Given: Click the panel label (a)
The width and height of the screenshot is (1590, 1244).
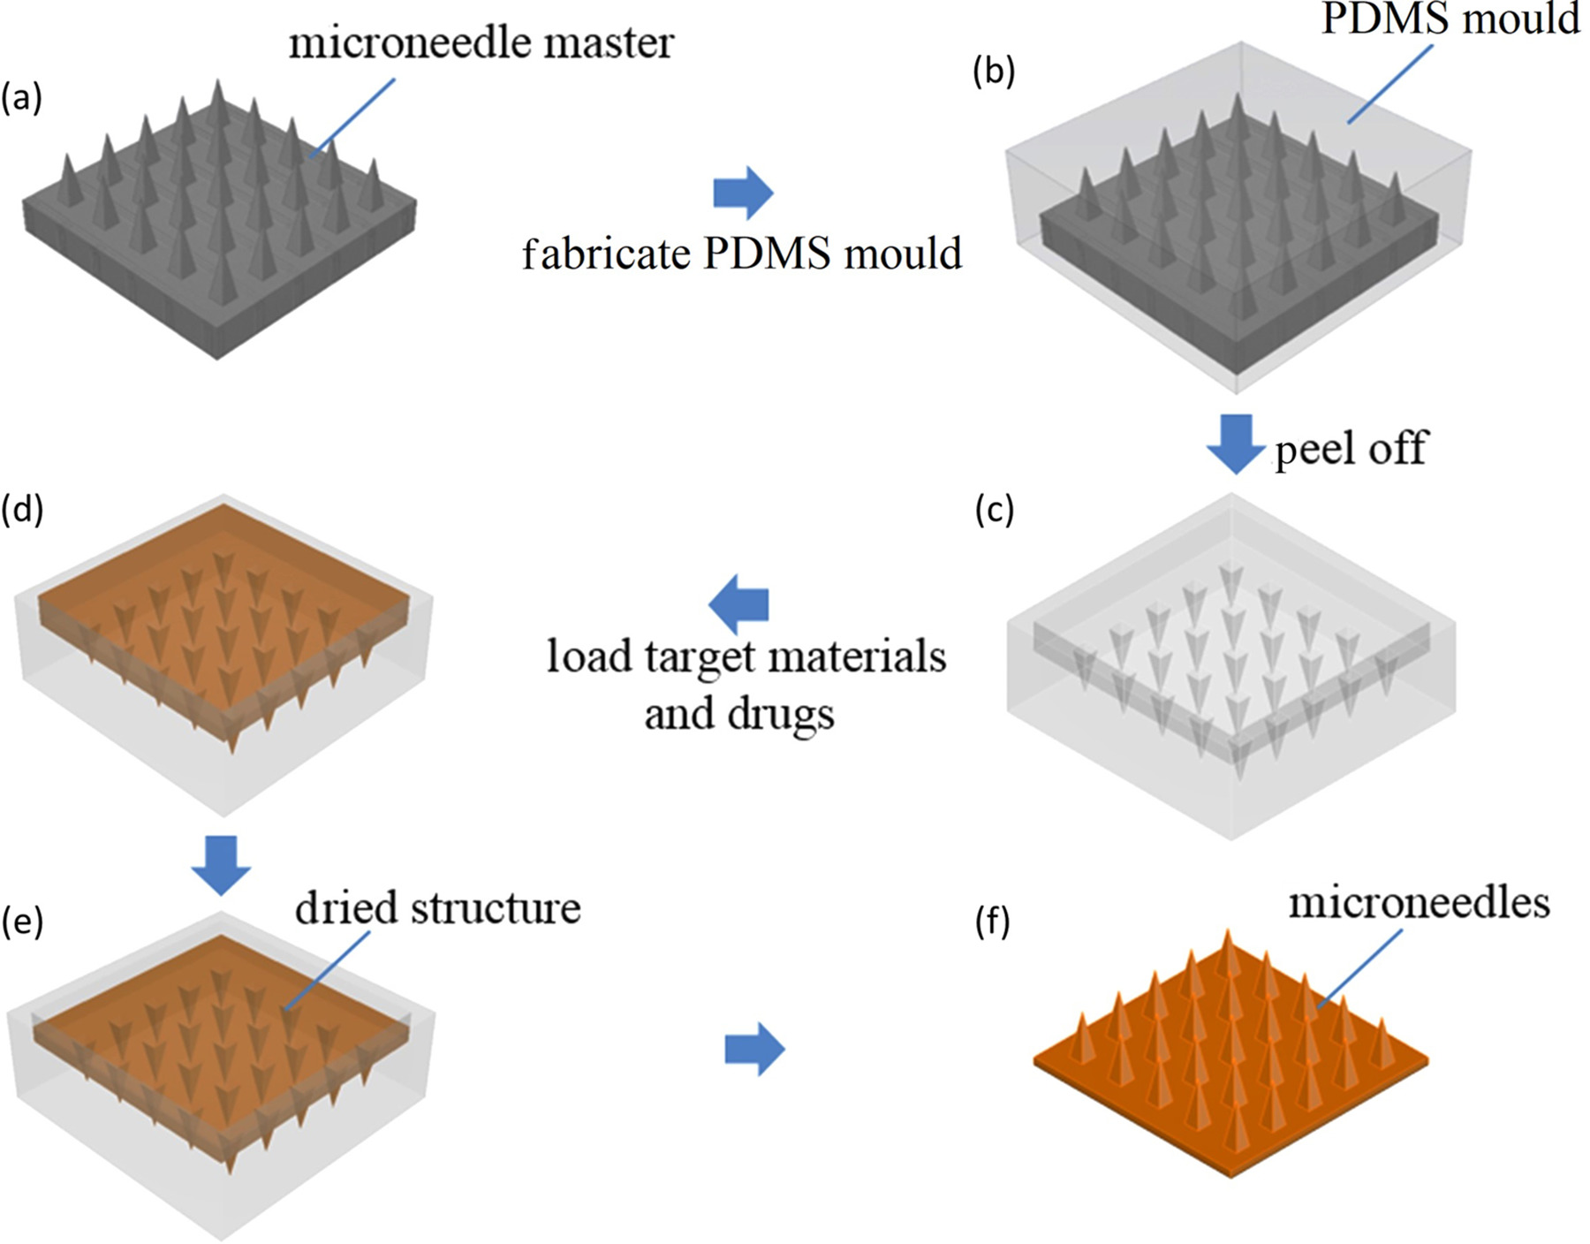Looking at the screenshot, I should [x=21, y=99].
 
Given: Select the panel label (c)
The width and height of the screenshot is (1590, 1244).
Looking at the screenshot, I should [x=995, y=511].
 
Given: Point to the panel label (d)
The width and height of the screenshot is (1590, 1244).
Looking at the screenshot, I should [x=23, y=511].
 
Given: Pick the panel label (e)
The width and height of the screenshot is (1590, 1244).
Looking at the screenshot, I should [x=22, y=921].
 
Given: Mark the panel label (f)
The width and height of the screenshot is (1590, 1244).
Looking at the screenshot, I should [x=993, y=922].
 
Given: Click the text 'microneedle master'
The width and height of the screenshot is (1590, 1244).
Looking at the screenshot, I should [x=481, y=42].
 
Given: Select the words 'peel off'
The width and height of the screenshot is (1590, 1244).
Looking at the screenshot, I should [x=1351, y=449].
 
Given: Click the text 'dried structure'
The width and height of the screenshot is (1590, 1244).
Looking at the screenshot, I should [x=438, y=908].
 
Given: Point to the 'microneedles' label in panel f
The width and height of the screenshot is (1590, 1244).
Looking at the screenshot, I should [x=1419, y=903].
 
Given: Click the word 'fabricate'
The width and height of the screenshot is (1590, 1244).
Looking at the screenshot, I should [x=606, y=254].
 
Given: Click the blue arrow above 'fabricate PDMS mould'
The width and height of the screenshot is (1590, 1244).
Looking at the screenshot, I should [x=743, y=192].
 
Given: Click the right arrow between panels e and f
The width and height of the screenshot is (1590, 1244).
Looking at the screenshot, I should [x=754, y=1050].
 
